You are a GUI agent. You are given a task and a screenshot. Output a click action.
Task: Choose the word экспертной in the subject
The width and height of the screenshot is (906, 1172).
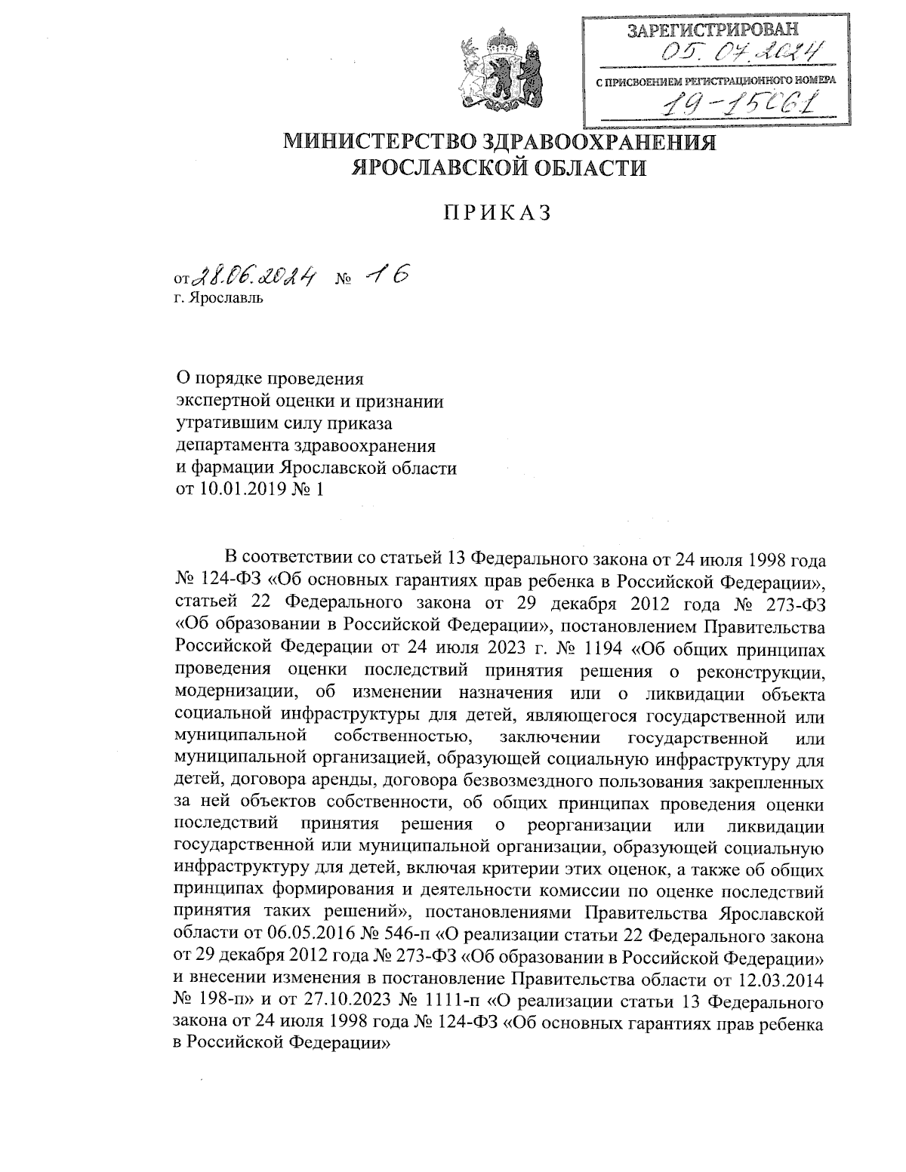219,401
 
